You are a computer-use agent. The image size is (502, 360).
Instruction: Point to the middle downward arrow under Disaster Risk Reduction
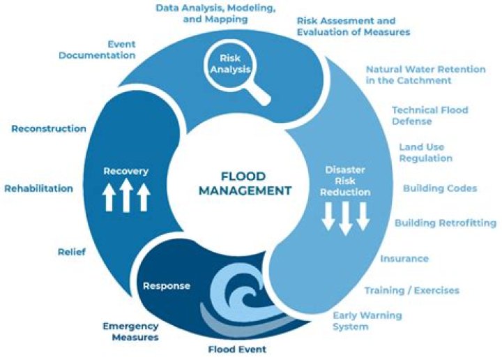pos(345,218)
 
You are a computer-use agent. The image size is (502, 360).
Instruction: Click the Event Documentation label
pos(97,50)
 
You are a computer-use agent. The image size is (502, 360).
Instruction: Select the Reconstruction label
pos(49,128)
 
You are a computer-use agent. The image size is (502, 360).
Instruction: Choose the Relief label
pos(72,252)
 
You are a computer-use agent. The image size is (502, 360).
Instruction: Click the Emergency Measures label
pos(130,331)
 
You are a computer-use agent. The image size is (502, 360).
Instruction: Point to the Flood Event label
pos(237,349)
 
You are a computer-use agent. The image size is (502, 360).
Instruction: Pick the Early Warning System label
pos(367,321)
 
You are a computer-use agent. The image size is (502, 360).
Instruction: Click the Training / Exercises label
pos(411,290)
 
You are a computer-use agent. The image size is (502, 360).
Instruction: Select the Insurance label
pos(404,259)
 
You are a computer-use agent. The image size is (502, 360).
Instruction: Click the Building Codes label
pos(440,188)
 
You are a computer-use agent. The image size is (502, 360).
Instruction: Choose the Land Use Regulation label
pos(425,153)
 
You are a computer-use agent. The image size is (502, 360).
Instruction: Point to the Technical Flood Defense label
pos(429,116)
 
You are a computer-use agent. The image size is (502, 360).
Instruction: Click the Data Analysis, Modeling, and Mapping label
pos(201,13)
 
